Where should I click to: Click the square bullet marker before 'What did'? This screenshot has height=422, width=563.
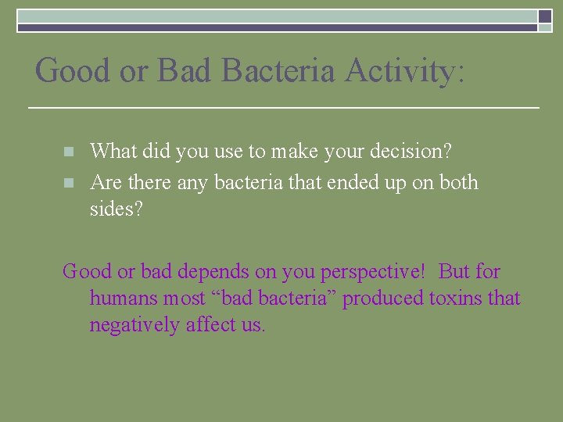click(69, 152)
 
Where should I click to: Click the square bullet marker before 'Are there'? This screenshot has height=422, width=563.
click(69, 184)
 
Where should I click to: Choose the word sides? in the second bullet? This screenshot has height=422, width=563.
click(117, 209)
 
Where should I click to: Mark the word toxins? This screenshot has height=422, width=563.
click(454, 299)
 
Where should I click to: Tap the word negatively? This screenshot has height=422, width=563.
click(134, 325)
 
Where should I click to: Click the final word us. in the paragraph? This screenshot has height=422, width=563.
click(253, 325)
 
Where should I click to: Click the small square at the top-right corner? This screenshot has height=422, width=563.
click(545, 16)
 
